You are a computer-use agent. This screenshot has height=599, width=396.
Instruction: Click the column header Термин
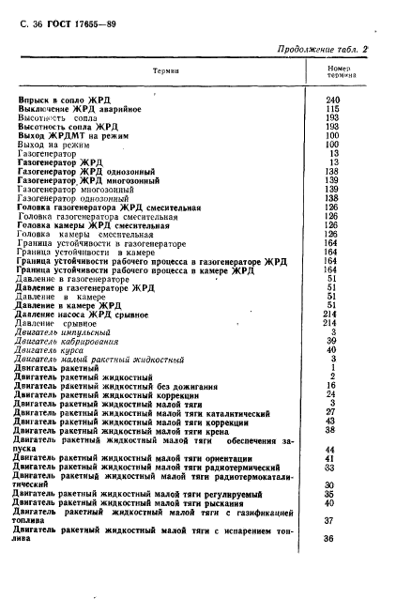coord(165,71)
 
